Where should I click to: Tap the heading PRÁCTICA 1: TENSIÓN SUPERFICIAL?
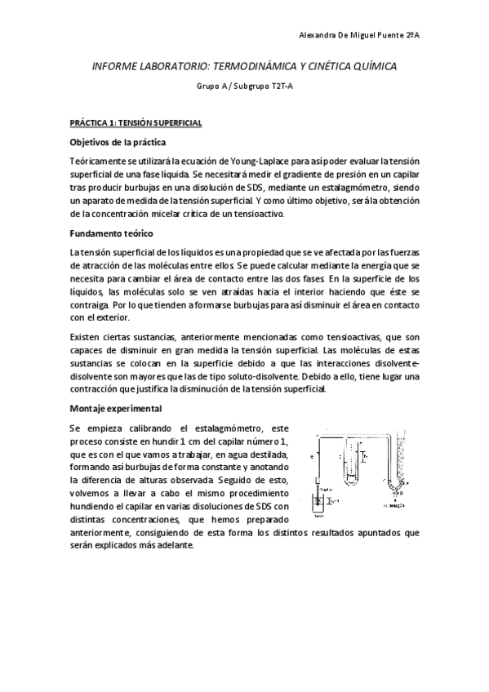(136, 122)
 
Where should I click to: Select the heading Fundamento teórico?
(113, 233)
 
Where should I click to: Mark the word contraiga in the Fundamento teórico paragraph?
(88, 311)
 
